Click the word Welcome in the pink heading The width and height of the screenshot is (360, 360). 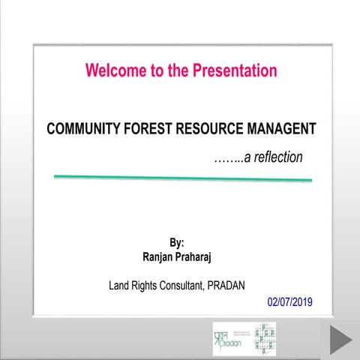point(113,71)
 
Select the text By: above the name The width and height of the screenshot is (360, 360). point(177,243)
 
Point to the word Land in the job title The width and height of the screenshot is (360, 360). point(120,285)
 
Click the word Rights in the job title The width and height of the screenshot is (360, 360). point(148,285)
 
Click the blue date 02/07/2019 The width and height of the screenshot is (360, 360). point(289,303)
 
